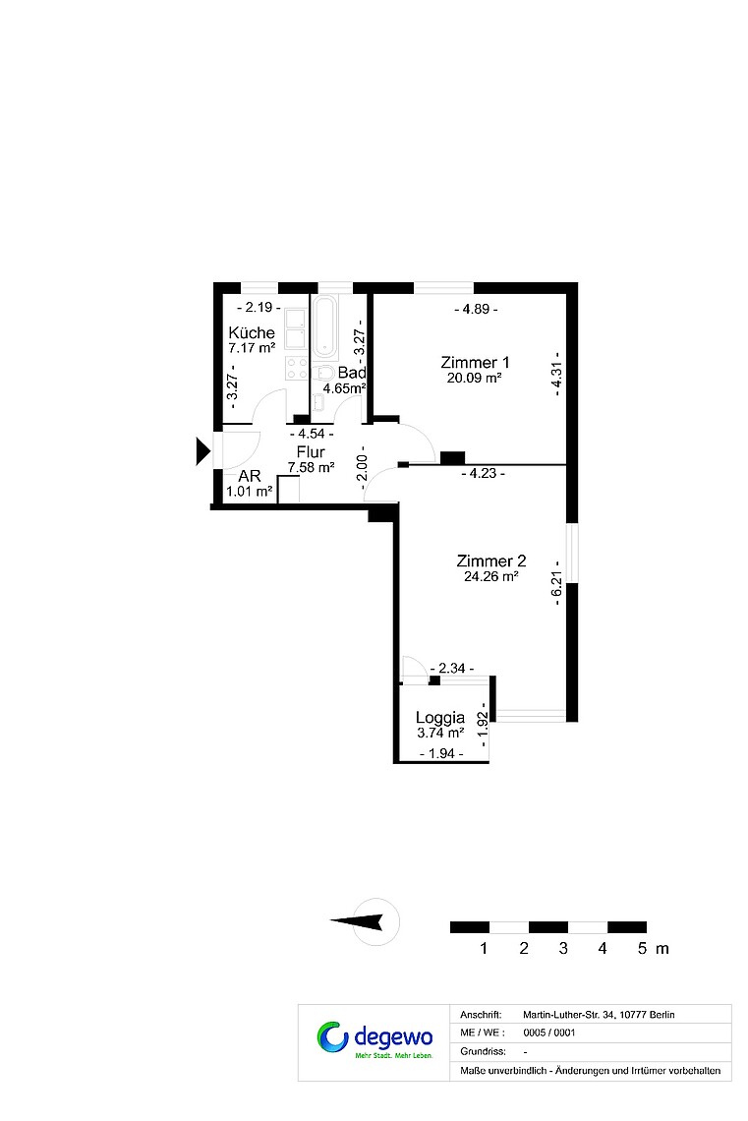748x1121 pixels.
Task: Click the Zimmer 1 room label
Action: click(475, 363)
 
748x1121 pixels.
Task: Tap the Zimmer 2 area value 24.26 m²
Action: click(490, 576)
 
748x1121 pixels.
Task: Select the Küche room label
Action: click(252, 332)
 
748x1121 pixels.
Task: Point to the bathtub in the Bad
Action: click(324, 326)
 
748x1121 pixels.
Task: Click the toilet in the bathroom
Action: click(323, 374)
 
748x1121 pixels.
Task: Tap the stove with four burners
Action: click(297, 368)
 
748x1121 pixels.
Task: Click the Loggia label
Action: click(440, 718)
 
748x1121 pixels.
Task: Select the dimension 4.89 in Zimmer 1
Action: click(477, 309)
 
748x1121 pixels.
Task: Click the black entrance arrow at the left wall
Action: click(203, 451)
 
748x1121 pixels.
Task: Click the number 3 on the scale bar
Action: click(563, 948)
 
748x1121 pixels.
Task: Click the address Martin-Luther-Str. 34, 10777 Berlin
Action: click(599, 1015)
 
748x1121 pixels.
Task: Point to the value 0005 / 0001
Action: click(548, 1032)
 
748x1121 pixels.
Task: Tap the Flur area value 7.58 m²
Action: click(311, 467)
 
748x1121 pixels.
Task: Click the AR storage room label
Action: click(250, 476)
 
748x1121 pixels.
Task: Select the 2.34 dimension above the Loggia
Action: click(451, 669)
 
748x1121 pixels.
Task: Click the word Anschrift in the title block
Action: click(481, 1015)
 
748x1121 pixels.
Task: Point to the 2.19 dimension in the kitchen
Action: click(259, 308)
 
